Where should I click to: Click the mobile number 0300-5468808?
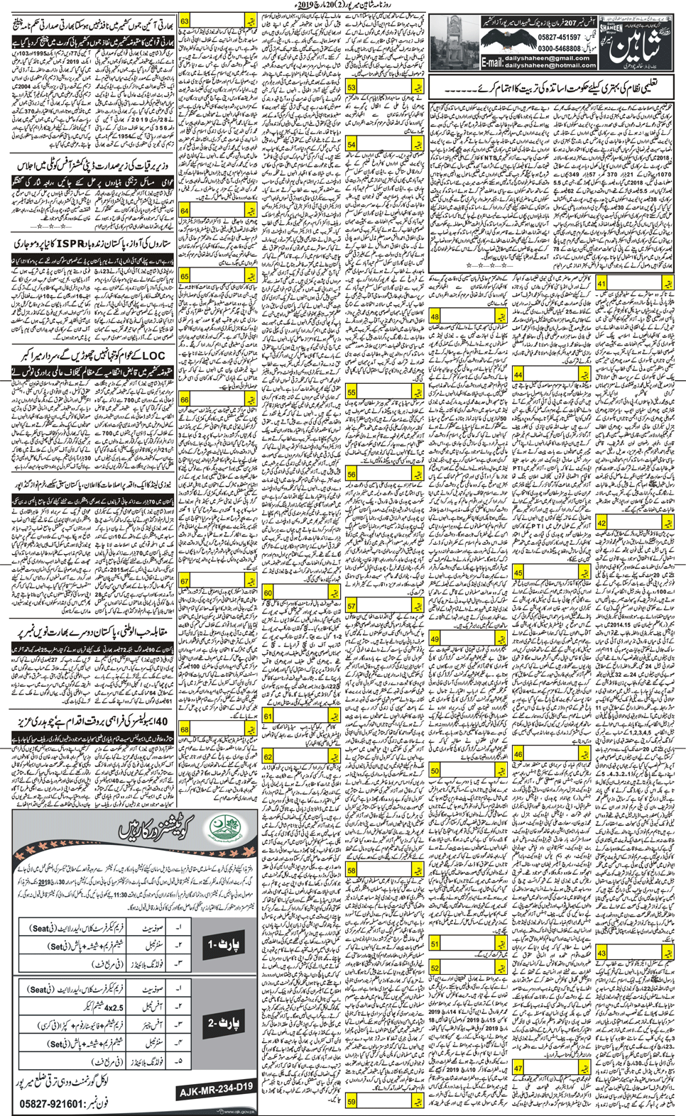[558, 48]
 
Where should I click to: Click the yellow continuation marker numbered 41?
[601, 283]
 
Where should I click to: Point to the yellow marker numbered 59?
[352, 1101]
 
